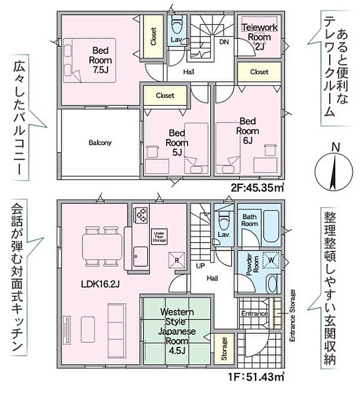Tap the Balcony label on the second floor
[x=100, y=142]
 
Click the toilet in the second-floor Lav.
[x=177, y=27]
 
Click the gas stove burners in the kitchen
[x=141, y=216]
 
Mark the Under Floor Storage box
[x=159, y=236]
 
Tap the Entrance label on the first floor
[x=254, y=314]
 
